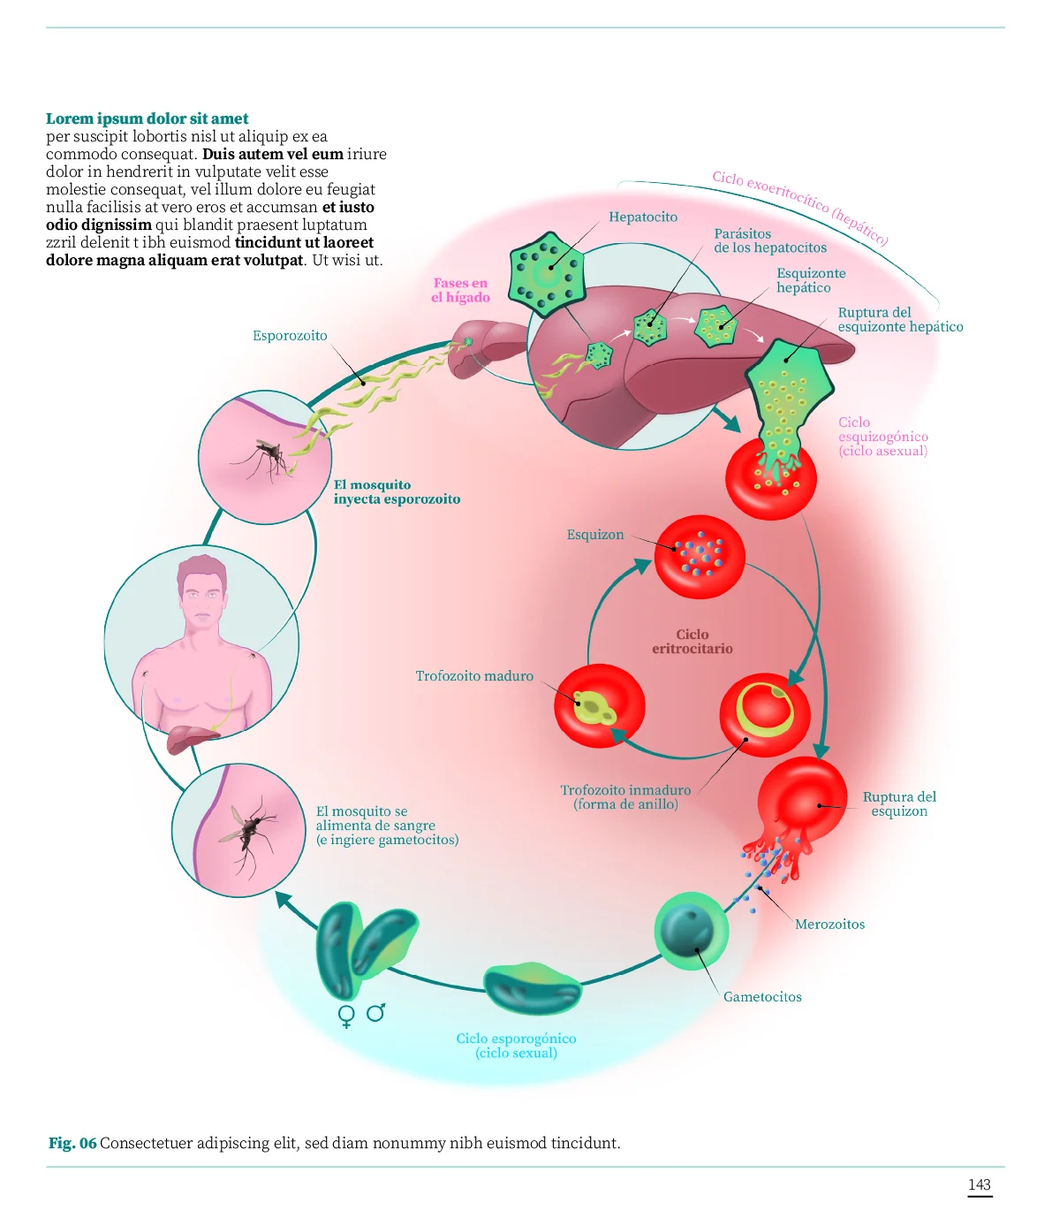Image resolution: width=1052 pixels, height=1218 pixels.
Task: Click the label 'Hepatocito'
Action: (643, 217)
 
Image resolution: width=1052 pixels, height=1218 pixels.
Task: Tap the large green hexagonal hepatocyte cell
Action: (547, 274)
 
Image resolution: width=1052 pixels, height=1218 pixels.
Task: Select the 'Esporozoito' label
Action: (290, 336)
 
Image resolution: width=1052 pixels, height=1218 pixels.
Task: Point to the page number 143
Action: (980, 1185)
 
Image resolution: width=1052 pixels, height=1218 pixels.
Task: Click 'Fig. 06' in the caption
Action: (72, 1144)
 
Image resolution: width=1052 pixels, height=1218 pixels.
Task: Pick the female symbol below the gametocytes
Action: (347, 1016)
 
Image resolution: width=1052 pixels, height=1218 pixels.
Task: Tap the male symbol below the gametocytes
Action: (376, 1012)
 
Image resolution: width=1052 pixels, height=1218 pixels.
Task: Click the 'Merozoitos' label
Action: (829, 925)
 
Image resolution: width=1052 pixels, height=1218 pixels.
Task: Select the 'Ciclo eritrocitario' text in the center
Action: (693, 642)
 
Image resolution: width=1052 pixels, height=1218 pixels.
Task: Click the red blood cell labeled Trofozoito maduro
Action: (600, 706)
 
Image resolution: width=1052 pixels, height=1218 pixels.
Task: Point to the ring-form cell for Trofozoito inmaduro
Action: (764, 713)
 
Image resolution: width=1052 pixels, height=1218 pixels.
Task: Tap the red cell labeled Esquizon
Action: (700, 557)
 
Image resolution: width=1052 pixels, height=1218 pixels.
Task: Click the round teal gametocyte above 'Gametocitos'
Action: (691, 930)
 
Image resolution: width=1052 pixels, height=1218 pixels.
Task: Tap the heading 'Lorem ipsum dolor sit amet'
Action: (148, 118)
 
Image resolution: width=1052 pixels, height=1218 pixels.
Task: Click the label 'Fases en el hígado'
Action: (460, 290)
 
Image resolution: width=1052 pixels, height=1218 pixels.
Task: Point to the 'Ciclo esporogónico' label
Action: (516, 1046)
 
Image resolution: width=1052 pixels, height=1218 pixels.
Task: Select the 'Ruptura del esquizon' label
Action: (899, 804)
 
